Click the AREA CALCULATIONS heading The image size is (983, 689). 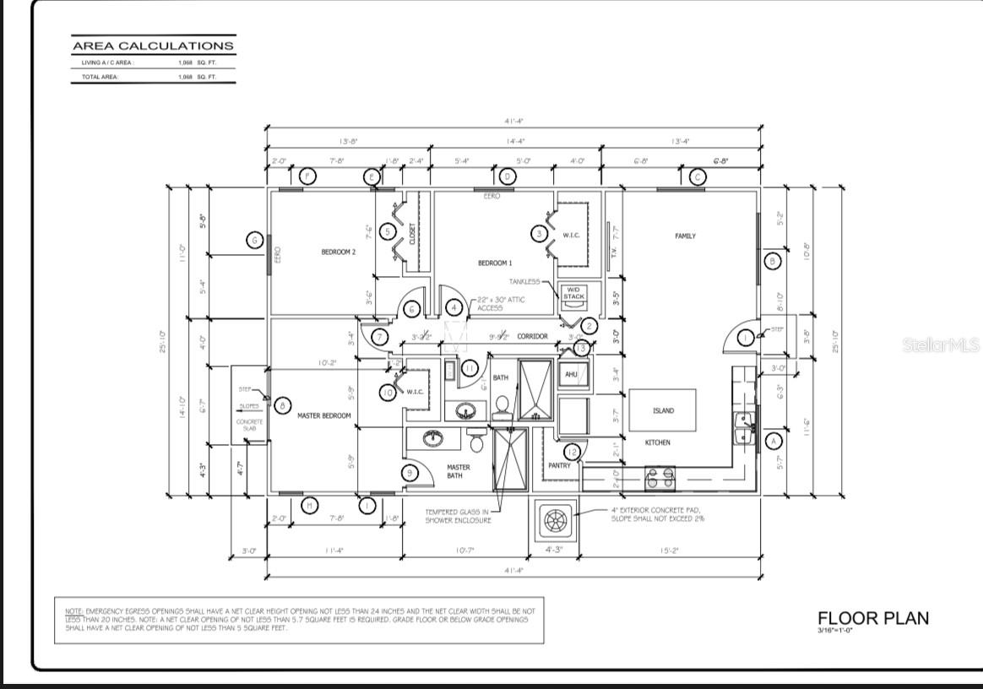[153, 46]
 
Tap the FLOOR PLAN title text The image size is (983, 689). [872, 618]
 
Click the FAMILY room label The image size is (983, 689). [685, 236]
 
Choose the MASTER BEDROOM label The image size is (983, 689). [324, 415]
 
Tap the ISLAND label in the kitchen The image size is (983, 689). [663, 411]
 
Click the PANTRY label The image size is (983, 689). [558, 465]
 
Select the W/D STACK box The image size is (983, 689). [573, 293]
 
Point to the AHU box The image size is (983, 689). [570, 374]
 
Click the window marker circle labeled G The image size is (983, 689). [254, 240]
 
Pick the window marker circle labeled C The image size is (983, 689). [697, 176]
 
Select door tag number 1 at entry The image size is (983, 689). [745, 338]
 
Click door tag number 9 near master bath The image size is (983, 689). [410, 473]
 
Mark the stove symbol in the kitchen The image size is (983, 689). [660, 479]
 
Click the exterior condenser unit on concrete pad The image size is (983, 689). [554, 521]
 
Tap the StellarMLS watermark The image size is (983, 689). [940, 345]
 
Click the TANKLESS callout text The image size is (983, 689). [524, 281]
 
